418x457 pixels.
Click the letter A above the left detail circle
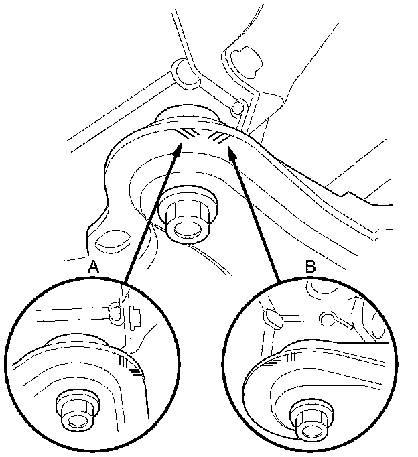coord(93,267)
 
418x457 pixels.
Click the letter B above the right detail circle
coord(311,266)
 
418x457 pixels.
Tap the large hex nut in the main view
coord(188,216)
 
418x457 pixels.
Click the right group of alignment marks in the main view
coord(218,137)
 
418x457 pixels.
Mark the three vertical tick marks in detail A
coord(123,361)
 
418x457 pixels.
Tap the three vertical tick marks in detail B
coord(291,357)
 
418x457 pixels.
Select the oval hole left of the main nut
coord(113,241)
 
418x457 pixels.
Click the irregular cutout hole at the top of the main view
coord(247,62)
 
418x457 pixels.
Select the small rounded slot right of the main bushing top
coord(238,107)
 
